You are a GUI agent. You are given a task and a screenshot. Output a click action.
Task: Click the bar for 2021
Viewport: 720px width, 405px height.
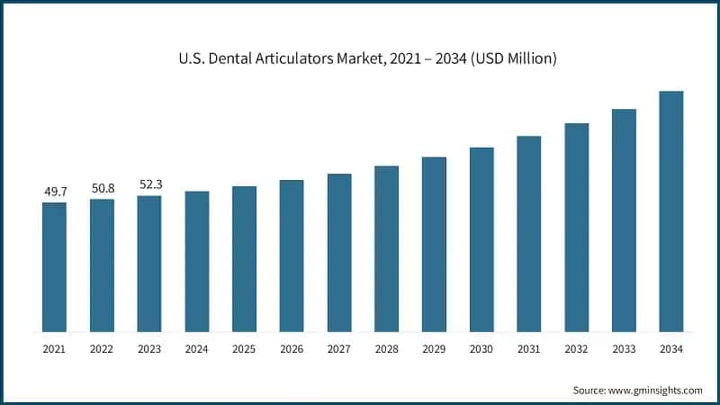pyautogui.click(x=54, y=266)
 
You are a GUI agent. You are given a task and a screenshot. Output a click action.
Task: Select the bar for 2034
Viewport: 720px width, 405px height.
pyautogui.click(x=671, y=211)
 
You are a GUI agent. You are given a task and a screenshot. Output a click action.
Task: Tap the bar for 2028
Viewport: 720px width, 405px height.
pyautogui.click(x=386, y=248)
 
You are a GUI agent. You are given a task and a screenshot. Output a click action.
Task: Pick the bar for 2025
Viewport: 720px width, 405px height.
pyautogui.click(x=244, y=258)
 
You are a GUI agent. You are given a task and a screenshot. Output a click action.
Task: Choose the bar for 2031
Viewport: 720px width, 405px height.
pyautogui.click(x=529, y=233)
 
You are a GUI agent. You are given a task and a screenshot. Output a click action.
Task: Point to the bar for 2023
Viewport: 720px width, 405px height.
pyautogui.click(x=149, y=263)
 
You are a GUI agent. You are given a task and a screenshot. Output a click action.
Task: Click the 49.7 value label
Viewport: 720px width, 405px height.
pyautogui.click(x=54, y=192)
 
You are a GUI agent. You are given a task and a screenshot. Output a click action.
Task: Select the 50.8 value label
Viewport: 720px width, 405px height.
pyautogui.click(x=102, y=188)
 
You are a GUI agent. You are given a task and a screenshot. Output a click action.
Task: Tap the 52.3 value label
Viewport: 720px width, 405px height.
pyautogui.click(x=149, y=184)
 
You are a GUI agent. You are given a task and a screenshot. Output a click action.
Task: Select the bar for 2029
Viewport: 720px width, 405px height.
pyautogui.click(x=434, y=244)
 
